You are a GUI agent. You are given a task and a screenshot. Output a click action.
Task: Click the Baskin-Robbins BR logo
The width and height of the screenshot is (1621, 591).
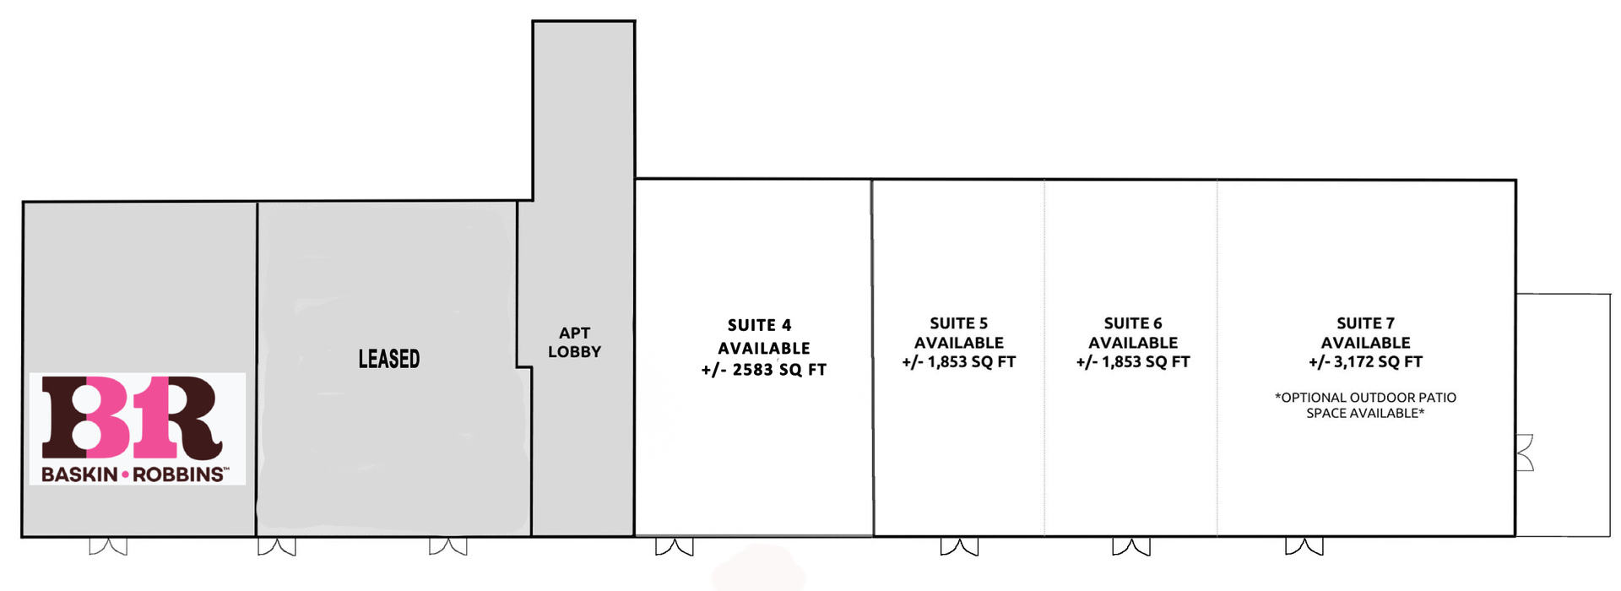coord(138,429)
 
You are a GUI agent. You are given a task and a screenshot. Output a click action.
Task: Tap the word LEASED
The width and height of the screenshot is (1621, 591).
coord(389,359)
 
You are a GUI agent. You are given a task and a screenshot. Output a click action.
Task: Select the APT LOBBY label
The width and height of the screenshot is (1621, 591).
coord(574,343)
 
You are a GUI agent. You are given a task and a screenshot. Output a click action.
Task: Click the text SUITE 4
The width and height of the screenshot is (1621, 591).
coord(760,325)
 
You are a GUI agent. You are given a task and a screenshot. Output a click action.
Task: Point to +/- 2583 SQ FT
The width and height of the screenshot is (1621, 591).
coord(763,370)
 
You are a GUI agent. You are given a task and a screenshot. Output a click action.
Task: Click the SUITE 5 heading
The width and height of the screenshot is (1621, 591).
coord(958,323)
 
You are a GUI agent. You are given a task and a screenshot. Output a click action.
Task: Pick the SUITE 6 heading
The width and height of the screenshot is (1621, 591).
coord(1133,323)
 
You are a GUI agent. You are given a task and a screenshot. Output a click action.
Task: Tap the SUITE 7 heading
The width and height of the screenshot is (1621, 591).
coord(1365,323)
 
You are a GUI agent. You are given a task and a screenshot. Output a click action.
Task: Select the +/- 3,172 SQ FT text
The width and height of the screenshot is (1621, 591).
coord(1365,362)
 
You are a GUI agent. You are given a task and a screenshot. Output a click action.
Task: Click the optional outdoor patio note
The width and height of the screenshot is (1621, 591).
coord(1365,405)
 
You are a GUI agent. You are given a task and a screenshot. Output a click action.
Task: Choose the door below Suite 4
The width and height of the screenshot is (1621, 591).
coord(675,546)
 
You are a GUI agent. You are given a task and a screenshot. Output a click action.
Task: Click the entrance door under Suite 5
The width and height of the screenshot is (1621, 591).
coord(959,546)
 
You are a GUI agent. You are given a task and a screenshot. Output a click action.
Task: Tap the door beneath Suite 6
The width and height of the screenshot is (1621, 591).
coord(1131,546)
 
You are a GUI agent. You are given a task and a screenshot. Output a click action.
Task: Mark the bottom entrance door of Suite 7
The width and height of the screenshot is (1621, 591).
coord(1304,546)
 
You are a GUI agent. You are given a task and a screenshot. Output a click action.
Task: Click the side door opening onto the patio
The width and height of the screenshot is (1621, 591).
coord(1525,453)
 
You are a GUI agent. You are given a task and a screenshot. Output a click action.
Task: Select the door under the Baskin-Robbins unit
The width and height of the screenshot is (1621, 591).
coord(108,546)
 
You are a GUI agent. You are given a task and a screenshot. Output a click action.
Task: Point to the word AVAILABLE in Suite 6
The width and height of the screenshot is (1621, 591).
coord(1133,343)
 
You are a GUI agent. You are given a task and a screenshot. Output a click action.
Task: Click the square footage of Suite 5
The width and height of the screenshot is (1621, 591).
coord(958,362)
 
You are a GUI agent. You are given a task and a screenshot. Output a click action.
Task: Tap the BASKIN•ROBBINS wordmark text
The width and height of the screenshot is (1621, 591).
coord(133,474)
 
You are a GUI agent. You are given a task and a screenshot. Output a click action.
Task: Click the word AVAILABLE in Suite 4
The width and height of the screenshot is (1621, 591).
coord(764,348)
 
